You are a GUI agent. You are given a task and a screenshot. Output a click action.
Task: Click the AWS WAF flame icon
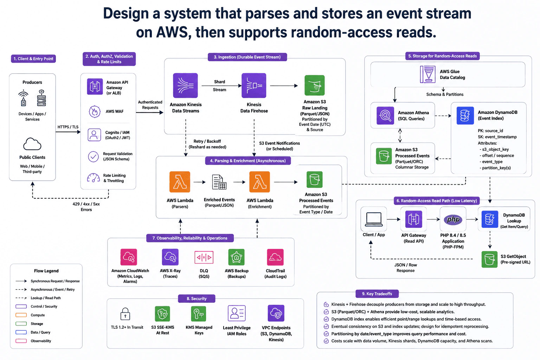pyautogui.click(x=95, y=111)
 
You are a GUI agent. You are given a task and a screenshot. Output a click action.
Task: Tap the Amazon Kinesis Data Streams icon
pyautogui.click(x=185, y=85)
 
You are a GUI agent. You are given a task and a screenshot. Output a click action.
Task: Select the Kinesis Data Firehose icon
pyautogui.click(x=254, y=85)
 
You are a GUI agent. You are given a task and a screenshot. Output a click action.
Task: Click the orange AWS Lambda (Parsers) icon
pyautogui.click(x=180, y=182)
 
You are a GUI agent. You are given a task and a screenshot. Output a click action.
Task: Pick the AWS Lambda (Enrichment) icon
pyautogui.click(x=259, y=182)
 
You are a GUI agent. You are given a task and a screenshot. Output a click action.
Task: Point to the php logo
pyautogui.click(x=453, y=219)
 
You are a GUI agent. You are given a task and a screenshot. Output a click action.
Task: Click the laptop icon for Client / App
pyautogui.click(x=374, y=219)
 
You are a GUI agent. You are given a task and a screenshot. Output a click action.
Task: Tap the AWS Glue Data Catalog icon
pyautogui.click(x=427, y=74)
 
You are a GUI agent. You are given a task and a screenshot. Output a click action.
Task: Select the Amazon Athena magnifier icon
pyautogui.click(x=385, y=116)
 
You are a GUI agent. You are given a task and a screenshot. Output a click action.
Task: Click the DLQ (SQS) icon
pyautogui.click(x=204, y=257)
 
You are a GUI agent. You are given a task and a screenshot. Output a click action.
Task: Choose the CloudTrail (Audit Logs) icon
pyautogui.click(x=275, y=257)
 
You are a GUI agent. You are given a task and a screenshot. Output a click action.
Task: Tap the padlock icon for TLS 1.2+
pyautogui.click(x=125, y=314)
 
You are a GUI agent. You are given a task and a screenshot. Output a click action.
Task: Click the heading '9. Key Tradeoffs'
pyautogui.click(x=377, y=294)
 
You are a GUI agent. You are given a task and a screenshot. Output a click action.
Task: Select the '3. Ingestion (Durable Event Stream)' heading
pyautogui.click(x=247, y=57)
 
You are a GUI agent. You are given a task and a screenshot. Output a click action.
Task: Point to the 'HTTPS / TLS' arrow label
pyautogui.click(x=68, y=127)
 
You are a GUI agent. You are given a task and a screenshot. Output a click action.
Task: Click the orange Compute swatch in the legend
pyautogui.click(x=21, y=315)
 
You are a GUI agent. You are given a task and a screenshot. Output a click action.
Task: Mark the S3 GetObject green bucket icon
pyautogui.click(x=489, y=259)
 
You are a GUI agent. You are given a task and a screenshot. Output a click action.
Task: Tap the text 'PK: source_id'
pyautogui.click(x=490, y=131)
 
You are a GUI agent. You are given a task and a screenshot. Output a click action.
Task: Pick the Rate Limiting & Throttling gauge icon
pyautogui.click(x=93, y=178)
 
